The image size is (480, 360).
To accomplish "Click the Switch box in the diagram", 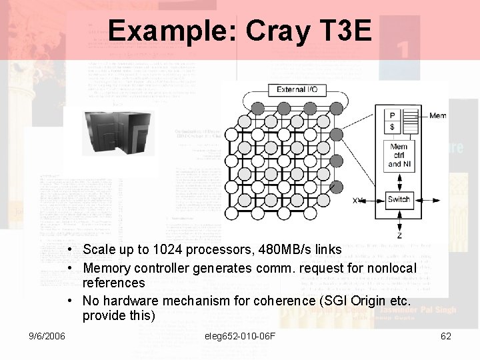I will pyautogui.click(x=399, y=199).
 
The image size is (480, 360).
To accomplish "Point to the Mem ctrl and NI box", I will pyautogui.click(x=399, y=155).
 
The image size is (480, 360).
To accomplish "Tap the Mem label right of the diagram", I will pyautogui.click(x=437, y=116).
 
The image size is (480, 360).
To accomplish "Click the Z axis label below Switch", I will pyautogui.click(x=399, y=235).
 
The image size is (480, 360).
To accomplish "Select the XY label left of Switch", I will pyautogui.click(x=358, y=200).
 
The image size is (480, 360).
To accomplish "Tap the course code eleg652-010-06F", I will pyautogui.click(x=240, y=336).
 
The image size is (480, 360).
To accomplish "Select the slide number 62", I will pyautogui.click(x=446, y=336).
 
